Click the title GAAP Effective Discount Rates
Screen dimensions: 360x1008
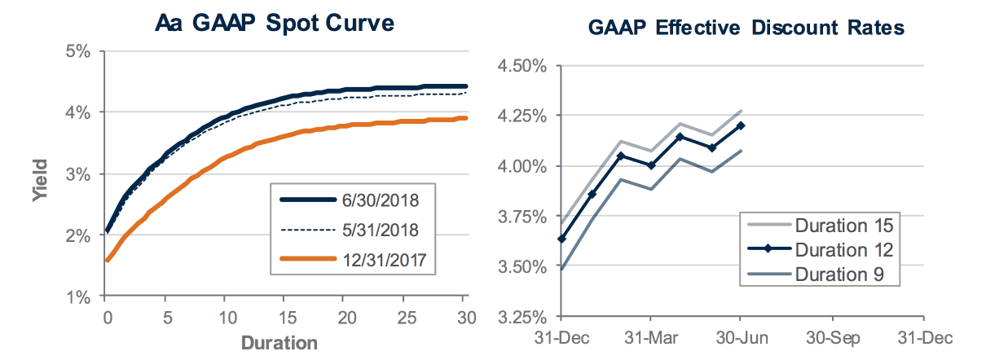[746, 29]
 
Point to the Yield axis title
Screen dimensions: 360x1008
[38, 184]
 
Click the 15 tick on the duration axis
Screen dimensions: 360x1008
[285, 314]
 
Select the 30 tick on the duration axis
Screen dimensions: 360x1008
[464, 314]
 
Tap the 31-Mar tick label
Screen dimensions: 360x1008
[649, 336]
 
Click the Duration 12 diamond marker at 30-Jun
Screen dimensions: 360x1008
[740, 125]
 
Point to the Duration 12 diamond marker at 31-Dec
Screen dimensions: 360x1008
[560, 239]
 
